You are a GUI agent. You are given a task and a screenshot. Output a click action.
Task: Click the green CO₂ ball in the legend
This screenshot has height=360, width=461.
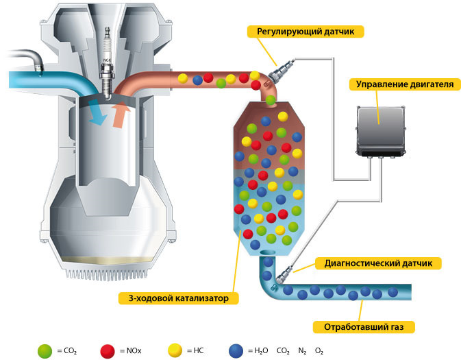(46, 351)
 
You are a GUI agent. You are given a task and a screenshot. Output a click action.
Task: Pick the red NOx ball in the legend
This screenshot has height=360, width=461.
(108, 351)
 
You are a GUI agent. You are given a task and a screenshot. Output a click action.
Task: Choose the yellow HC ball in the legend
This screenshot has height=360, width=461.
(176, 351)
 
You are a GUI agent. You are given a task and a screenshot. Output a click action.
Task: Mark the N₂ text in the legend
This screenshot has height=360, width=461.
(302, 351)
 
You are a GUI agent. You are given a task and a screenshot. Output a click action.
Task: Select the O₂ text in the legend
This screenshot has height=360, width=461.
(319, 351)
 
